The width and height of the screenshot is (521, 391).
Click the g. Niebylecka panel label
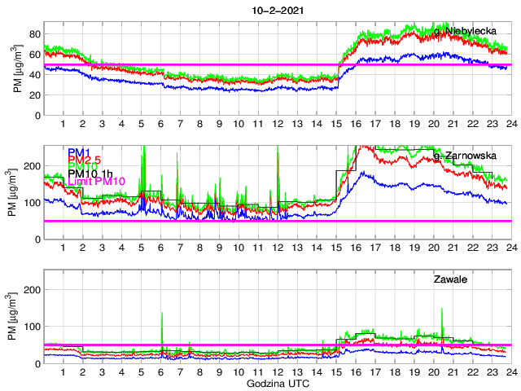coord(465,31)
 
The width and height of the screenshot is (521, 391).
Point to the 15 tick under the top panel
coord(338,124)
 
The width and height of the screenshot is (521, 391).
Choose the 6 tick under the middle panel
coord(160,248)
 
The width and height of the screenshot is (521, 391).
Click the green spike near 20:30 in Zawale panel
coord(442,310)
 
